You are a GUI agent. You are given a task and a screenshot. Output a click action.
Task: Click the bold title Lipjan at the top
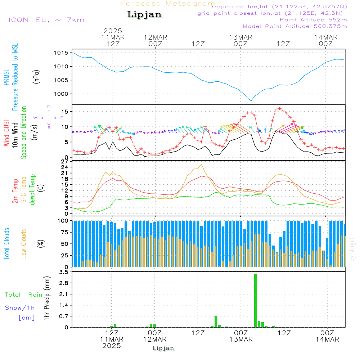point(144,15)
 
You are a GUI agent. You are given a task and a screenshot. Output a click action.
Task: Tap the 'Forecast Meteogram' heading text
point(168,4)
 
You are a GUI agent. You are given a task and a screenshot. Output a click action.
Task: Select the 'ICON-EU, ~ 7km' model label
point(46,19)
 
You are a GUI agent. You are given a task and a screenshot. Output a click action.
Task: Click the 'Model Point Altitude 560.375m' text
point(295,26)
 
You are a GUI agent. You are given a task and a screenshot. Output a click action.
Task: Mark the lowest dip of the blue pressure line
point(251,100)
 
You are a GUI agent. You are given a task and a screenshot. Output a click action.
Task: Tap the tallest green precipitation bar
point(255,301)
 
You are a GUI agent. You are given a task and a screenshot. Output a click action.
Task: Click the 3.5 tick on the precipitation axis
point(63,272)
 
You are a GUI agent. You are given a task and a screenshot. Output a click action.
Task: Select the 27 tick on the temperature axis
point(65,162)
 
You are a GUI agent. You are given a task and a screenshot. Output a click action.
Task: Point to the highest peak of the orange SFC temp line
point(202,164)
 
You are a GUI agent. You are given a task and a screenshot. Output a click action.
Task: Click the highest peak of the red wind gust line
point(278,108)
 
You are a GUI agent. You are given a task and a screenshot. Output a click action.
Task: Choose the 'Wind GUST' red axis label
point(6,133)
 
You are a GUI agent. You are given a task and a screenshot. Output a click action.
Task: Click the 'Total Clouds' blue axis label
point(6,244)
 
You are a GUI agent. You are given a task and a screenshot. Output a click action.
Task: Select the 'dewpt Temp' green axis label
point(32,190)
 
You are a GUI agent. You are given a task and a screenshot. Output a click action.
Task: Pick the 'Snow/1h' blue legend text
point(20,308)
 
